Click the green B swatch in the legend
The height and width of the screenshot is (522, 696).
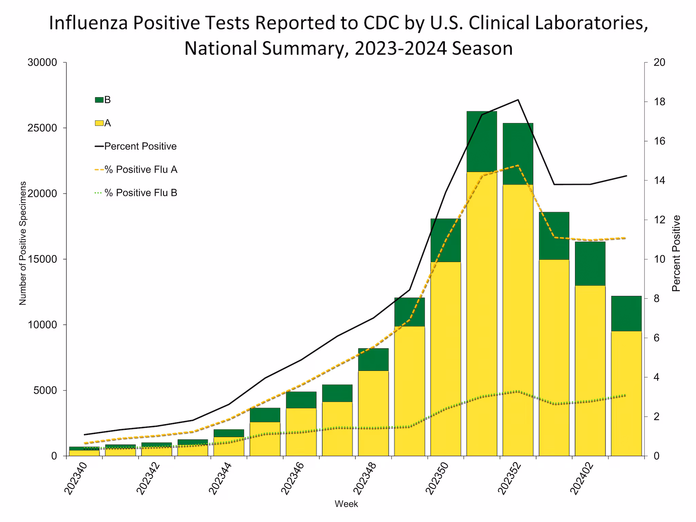click(99, 100)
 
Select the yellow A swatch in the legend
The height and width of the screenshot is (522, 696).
click(99, 123)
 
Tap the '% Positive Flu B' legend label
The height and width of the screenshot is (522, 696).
click(141, 193)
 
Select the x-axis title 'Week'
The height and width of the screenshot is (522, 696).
click(346, 504)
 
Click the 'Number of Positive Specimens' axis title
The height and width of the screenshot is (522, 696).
click(22, 243)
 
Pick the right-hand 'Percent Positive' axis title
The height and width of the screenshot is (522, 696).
click(676, 253)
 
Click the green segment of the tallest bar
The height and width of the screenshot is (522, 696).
click(482, 141)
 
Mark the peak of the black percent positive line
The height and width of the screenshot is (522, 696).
click(518, 100)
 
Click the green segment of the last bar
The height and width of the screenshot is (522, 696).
click(626, 313)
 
